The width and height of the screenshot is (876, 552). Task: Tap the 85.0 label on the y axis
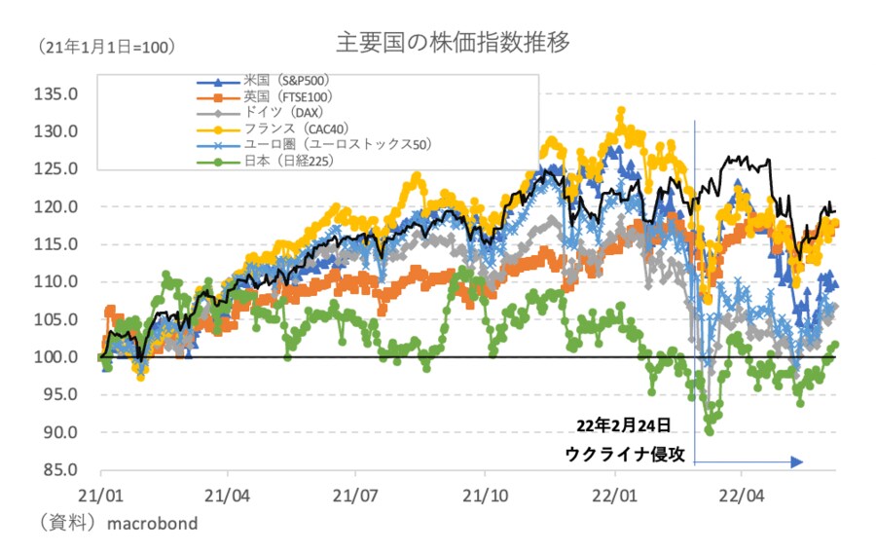(x=62, y=470)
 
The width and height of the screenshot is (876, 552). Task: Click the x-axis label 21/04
(x=227, y=494)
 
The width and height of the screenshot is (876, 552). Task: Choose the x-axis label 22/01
(x=612, y=494)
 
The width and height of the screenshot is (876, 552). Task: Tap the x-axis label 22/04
(x=741, y=494)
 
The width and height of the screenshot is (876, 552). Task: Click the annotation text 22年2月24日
(x=623, y=425)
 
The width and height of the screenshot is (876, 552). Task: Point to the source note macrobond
(x=152, y=524)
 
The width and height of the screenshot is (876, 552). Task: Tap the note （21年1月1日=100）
(x=106, y=47)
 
